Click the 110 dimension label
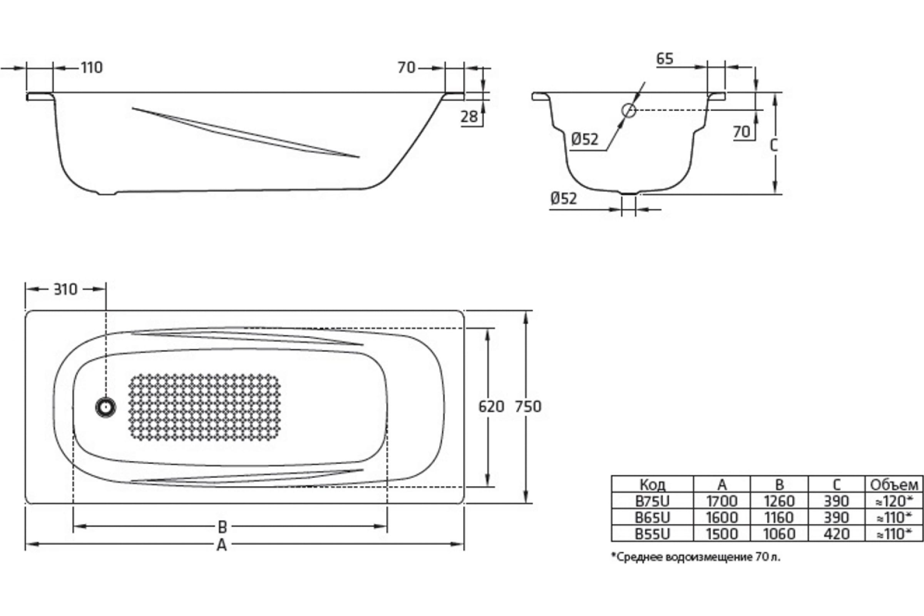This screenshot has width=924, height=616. (92, 68)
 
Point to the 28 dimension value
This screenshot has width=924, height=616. (469, 116)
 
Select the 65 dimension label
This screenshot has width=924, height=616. (665, 59)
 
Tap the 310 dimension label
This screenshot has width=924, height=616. (65, 290)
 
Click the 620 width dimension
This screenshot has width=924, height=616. (491, 407)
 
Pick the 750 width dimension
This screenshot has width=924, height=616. (528, 407)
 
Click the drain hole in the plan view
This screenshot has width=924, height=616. (105, 407)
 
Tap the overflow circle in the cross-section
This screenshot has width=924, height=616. (629, 111)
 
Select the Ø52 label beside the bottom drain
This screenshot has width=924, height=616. (564, 198)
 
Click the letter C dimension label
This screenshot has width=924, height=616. (773, 146)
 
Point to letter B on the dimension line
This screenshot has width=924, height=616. (223, 526)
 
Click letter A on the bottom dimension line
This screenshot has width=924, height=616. (222, 545)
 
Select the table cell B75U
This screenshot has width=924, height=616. (653, 501)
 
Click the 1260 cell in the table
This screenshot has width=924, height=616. (779, 501)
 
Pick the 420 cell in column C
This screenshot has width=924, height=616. (836, 534)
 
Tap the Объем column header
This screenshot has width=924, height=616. (894, 485)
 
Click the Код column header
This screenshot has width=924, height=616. (653, 485)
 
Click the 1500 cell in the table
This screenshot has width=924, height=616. (722, 534)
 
